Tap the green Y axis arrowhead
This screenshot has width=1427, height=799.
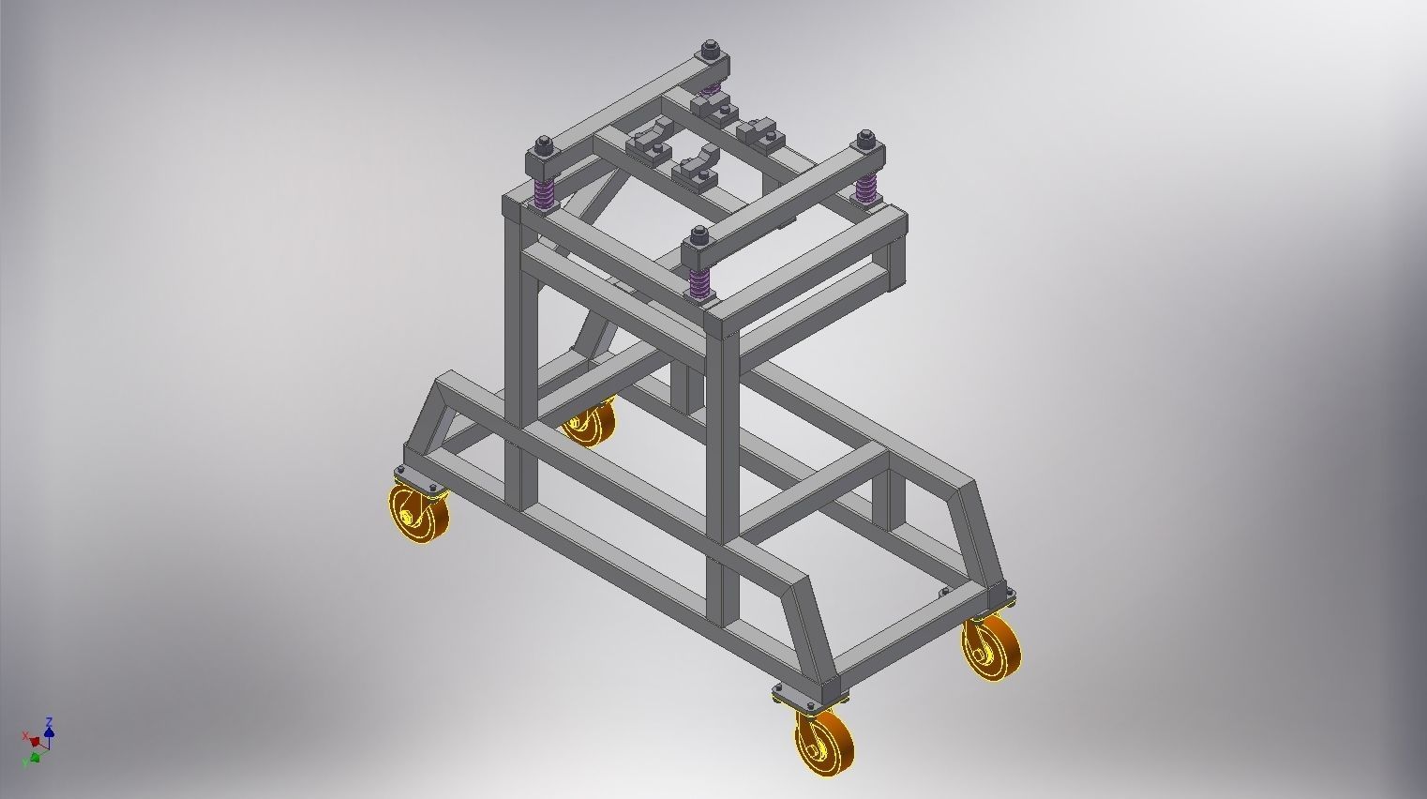[x=35, y=756]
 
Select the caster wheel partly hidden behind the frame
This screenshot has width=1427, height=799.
[x=589, y=424]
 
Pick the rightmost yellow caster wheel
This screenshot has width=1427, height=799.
[x=992, y=647]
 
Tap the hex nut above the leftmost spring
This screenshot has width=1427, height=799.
[x=543, y=145]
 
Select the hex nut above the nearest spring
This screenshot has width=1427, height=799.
[x=698, y=235]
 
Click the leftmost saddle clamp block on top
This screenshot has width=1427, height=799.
[x=648, y=144]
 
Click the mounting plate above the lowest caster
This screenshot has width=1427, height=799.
[x=810, y=698]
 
